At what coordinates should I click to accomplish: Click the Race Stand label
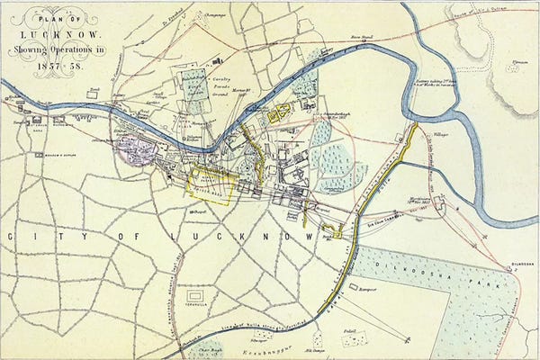(362, 39)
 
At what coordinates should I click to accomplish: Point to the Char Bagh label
(209, 344)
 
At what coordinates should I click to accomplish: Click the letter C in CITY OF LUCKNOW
(12, 235)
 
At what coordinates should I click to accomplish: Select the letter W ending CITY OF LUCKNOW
(309, 236)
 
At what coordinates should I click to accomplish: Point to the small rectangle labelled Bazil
(360, 338)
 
